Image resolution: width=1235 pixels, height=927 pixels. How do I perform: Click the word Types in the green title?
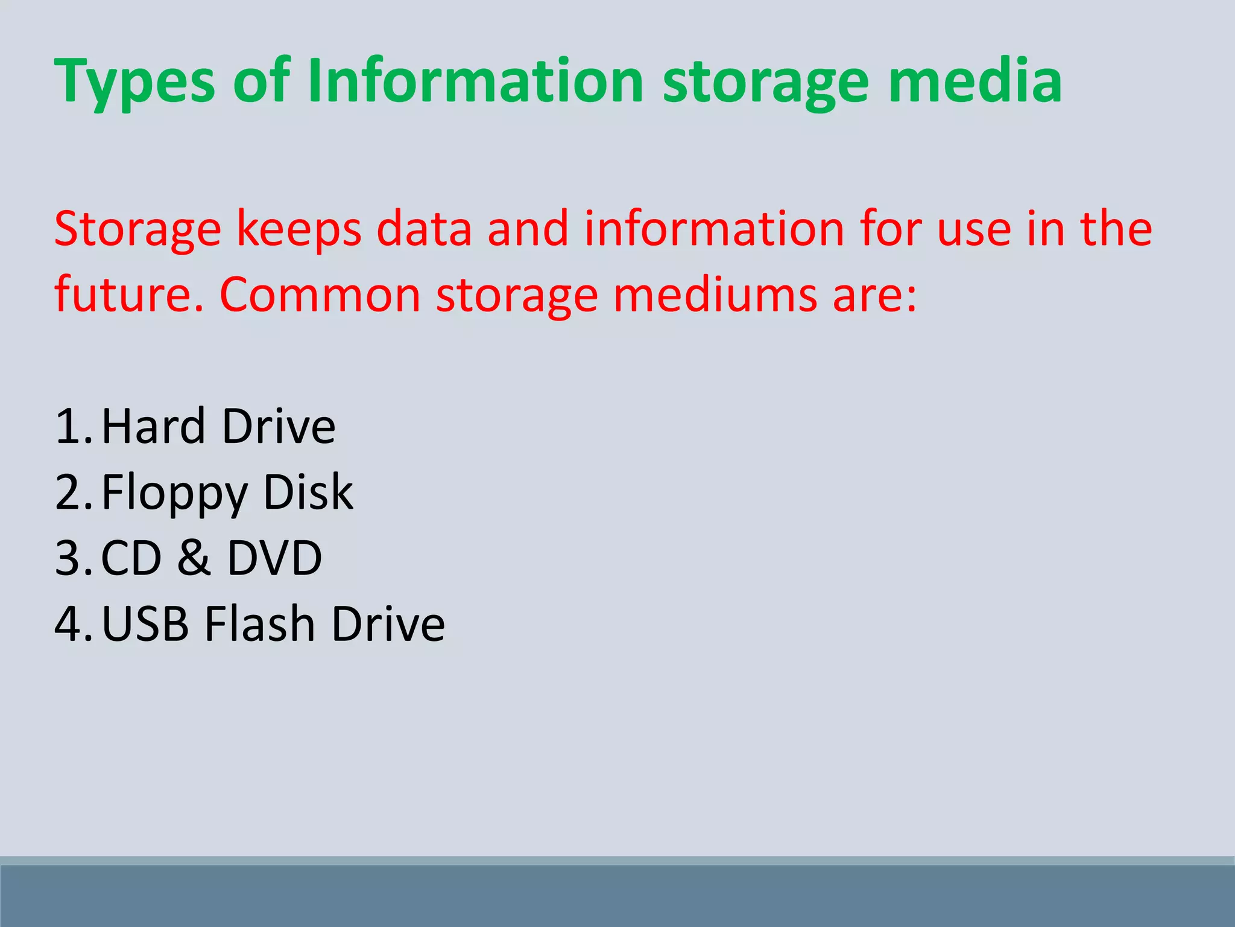coord(134,82)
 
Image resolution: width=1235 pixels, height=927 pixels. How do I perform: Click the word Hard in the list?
coord(153,426)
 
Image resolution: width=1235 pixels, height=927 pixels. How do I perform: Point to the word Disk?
coord(308,492)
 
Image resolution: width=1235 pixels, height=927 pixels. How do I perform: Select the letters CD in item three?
coord(131,558)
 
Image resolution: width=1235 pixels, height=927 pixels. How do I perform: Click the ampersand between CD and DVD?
coord(194,558)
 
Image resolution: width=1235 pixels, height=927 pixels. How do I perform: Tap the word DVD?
coord(274,558)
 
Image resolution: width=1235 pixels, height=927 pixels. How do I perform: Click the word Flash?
coord(260,623)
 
